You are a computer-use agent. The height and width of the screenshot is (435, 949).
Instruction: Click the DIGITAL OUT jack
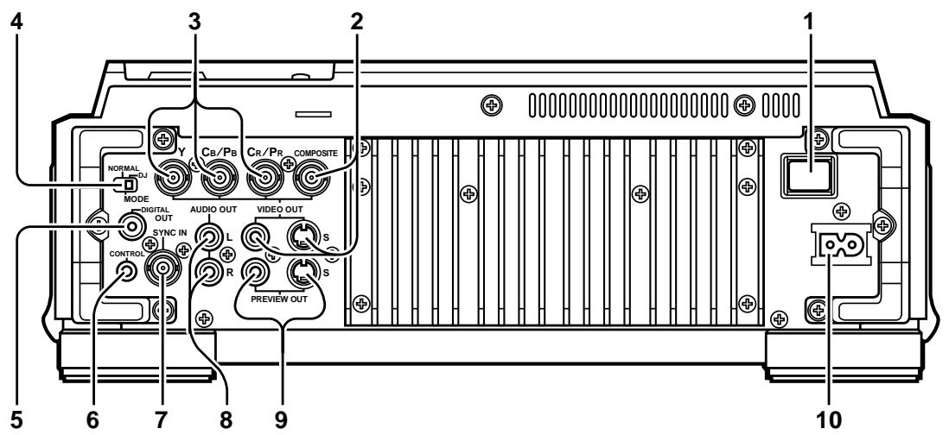point(131,227)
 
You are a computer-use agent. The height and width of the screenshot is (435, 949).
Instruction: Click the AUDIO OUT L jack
point(207,235)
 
